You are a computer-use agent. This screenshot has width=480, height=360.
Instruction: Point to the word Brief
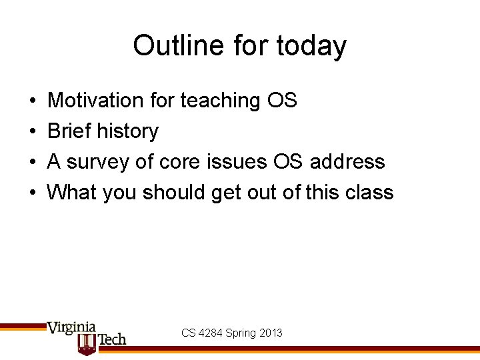click(x=69, y=131)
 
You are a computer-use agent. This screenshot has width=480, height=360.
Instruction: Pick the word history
click(x=128, y=132)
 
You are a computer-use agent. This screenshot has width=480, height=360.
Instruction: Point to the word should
click(x=175, y=193)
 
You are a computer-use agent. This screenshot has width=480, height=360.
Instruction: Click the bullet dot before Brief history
click(x=33, y=132)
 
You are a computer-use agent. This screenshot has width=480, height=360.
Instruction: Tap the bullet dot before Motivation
click(x=33, y=101)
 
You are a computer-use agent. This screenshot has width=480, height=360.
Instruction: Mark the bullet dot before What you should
click(x=33, y=193)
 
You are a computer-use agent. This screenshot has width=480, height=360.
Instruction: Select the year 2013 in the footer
click(x=271, y=333)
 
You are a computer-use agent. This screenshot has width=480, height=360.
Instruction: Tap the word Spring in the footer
click(x=240, y=333)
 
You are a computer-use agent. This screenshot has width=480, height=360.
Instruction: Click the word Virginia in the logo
click(x=71, y=328)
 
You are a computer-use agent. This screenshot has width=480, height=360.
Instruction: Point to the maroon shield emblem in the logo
click(x=87, y=343)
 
